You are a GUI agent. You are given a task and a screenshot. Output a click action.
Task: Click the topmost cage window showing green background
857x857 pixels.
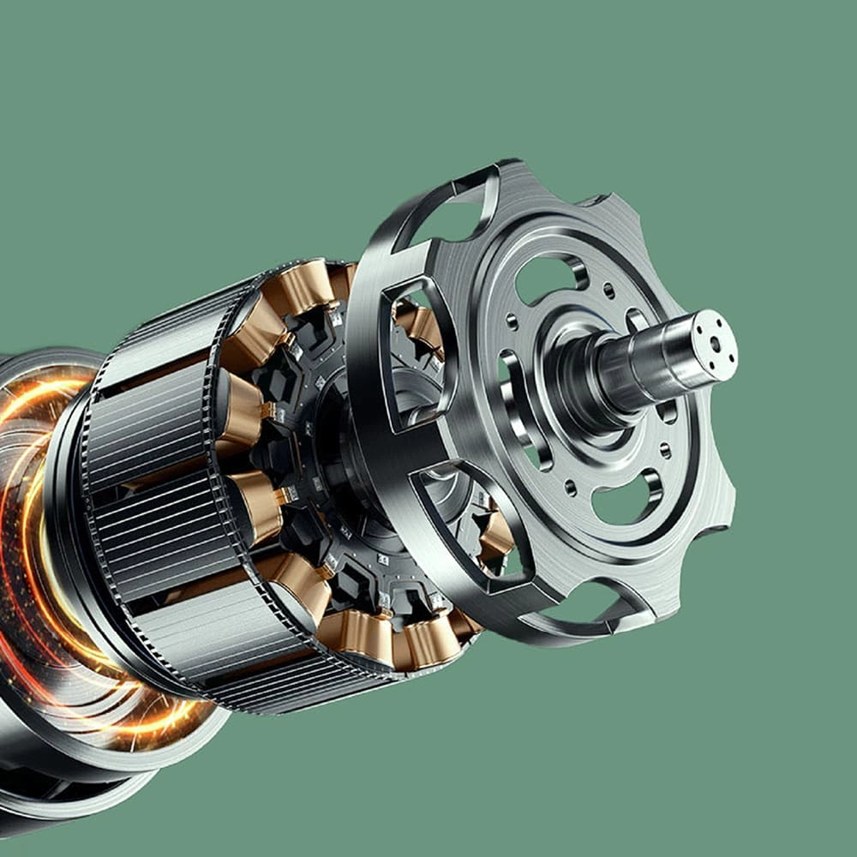[454, 206]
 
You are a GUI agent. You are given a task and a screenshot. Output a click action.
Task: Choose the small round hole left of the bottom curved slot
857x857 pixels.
[570, 489]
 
